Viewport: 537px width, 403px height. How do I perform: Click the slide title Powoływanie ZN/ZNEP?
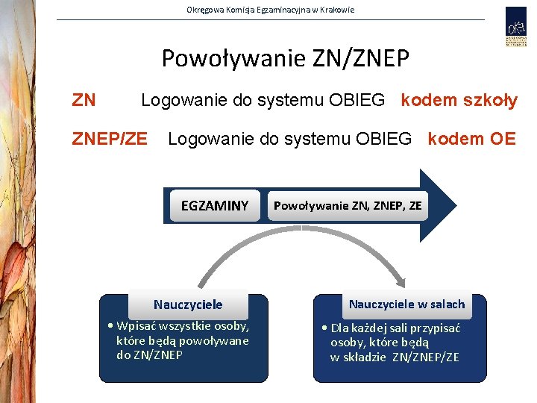point(285,57)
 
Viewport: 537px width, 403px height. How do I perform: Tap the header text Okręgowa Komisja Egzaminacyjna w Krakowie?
point(270,10)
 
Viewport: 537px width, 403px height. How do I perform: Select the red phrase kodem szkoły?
point(459,100)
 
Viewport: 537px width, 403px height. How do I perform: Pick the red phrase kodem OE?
point(471,139)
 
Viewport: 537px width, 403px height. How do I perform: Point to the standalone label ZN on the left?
point(84,100)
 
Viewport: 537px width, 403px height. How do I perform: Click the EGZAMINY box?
point(214,205)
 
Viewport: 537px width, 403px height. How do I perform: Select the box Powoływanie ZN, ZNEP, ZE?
point(348,205)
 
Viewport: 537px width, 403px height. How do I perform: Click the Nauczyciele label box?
point(188,304)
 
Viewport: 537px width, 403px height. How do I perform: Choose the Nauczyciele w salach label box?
point(406,304)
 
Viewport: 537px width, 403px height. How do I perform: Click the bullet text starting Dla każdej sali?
point(395,342)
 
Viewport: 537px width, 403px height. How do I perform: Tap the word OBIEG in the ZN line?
point(359,100)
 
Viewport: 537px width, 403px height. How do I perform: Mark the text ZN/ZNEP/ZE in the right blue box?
point(426,357)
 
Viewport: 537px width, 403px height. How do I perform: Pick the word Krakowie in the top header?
point(336,10)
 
